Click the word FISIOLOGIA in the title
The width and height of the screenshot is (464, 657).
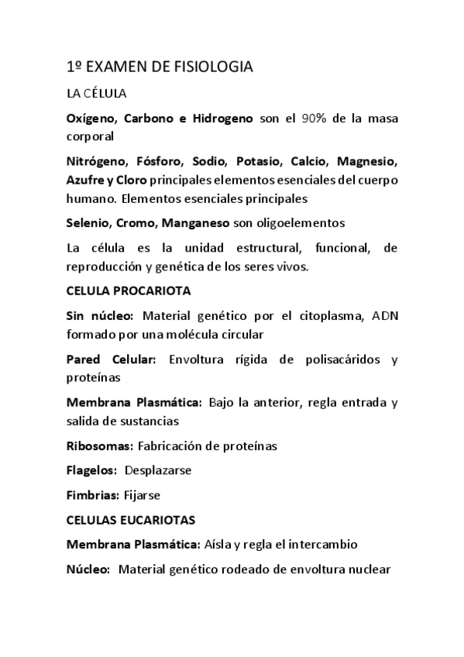point(211,68)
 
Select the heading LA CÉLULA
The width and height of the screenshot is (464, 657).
point(97,94)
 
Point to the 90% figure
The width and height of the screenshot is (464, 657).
point(314,118)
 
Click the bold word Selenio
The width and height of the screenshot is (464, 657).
point(88,223)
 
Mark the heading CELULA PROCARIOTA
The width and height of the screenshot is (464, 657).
point(129,291)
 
